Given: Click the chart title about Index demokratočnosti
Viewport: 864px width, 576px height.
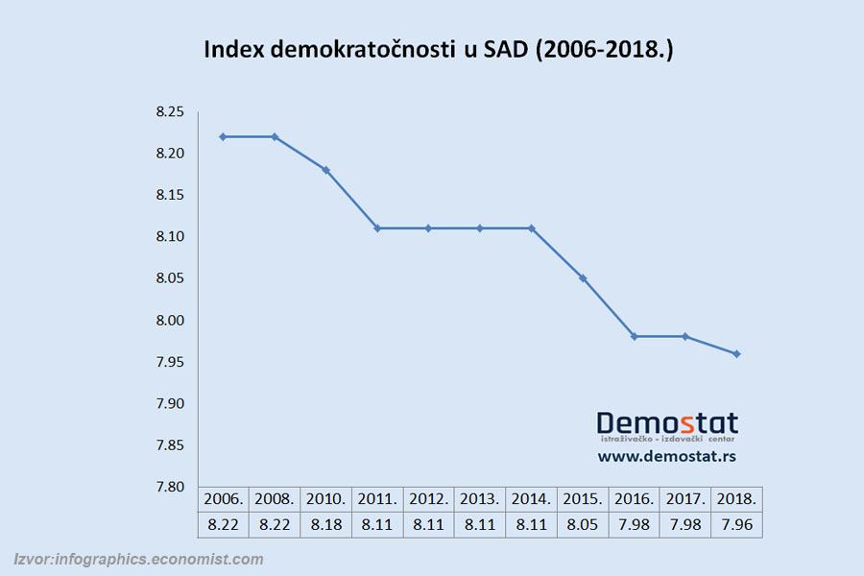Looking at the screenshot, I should pyautogui.click(x=438, y=50).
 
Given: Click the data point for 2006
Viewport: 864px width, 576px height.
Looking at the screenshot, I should pyautogui.click(x=224, y=136).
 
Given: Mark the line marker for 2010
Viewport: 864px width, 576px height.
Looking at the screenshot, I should pyautogui.click(x=325, y=170).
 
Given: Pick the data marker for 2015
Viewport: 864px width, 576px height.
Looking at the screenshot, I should pyautogui.click(x=583, y=278).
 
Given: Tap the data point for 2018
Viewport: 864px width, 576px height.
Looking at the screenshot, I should pyautogui.click(x=736, y=354).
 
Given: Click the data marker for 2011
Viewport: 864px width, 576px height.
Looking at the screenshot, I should pyautogui.click(x=377, y=228).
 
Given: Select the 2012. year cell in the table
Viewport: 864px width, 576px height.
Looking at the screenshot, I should pyautogui.click(x=429, y=500).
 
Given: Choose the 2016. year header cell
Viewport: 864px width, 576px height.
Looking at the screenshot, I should pyautogui.click(x=634, y=500).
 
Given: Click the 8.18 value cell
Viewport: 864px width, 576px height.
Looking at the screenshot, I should pyautogui.click(x=325, y=524).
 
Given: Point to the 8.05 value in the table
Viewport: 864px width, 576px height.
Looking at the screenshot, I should pyautogui.click(x=583, y=524).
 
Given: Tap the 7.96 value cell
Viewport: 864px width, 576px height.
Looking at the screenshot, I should pyautogui.click(x=736, y=524).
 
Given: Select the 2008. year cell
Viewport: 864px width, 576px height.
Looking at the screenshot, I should pyautogui.click(x=275, y=500).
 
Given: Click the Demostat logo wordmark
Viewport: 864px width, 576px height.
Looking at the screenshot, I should pyautogui.click(x=667, y=423).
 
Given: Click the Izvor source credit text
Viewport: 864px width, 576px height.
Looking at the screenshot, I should pyautogui.click(x=138, y=559).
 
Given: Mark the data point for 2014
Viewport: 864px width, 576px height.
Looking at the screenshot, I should pyautogui.click(x=531, y=228).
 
